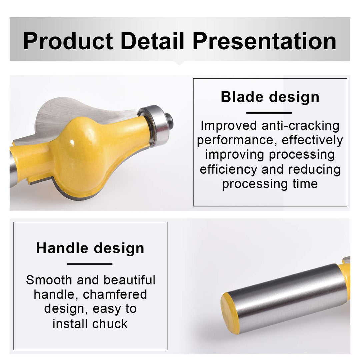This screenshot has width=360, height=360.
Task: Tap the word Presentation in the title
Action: coord(264,41)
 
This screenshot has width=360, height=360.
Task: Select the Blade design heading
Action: coord(270,97)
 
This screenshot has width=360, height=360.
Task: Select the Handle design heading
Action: coord(90,248)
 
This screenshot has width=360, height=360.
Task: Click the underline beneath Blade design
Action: coord(269,113)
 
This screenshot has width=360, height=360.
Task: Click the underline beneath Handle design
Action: coord(89,264)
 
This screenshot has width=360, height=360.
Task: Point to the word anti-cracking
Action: coord(300,126)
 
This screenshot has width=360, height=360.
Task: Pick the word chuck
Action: coord(110,324)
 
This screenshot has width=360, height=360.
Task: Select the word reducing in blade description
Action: coord(314,169)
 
